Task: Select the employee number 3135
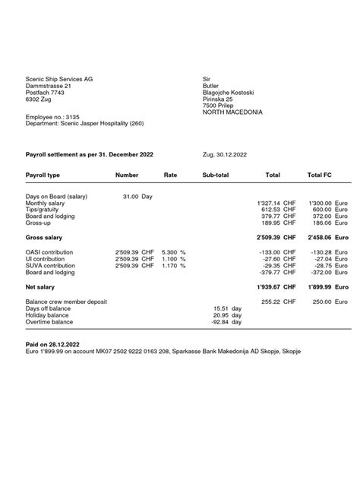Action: [x=74, y=116]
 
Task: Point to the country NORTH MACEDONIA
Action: [x=232, y=112]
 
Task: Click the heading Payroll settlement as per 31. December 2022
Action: [x=90, y=154]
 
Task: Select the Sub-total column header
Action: [x=215, y=175]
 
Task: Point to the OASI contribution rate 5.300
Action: [x=170, y=252]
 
